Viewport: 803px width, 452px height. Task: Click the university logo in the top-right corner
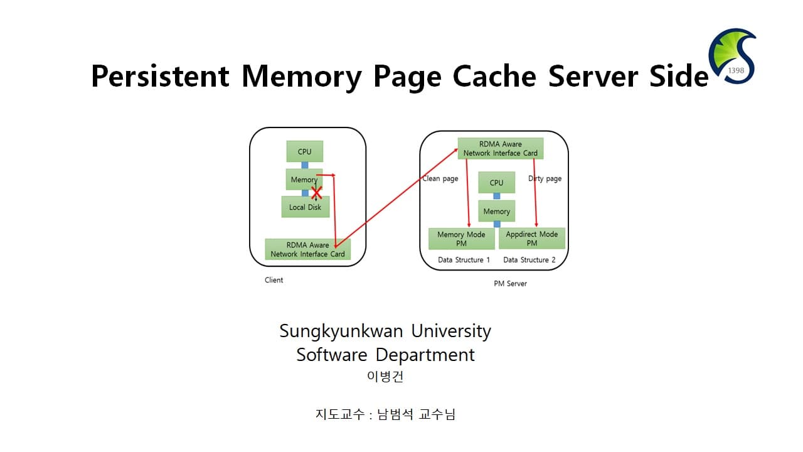click(732, 56)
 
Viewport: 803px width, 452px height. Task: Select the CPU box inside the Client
click(304, 151)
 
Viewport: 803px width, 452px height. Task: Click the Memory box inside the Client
click(304, 179)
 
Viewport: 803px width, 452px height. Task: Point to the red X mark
click(316, 193)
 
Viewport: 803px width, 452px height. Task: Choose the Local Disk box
click(306, 207)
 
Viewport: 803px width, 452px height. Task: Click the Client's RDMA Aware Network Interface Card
click(307, 250)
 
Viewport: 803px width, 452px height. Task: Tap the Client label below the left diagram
click(274, 280)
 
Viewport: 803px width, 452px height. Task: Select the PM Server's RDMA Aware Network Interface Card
click(500, 149)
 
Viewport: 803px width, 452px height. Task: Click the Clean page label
click(440, 179)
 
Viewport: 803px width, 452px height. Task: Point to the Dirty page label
click(545, 179)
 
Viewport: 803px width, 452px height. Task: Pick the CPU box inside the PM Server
click(496, 183)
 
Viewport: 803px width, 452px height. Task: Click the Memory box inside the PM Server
click(496, 212)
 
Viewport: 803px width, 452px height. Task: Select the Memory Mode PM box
click(461, 239)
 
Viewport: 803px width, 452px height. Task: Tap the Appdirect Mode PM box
click(531, 239)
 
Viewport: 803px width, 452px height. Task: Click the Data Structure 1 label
click(464, 260)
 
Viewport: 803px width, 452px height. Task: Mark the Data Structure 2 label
click(529, 260)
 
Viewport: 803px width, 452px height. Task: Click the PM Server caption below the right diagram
click(510, 284)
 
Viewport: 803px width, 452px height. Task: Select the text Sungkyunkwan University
click(385, 331)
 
